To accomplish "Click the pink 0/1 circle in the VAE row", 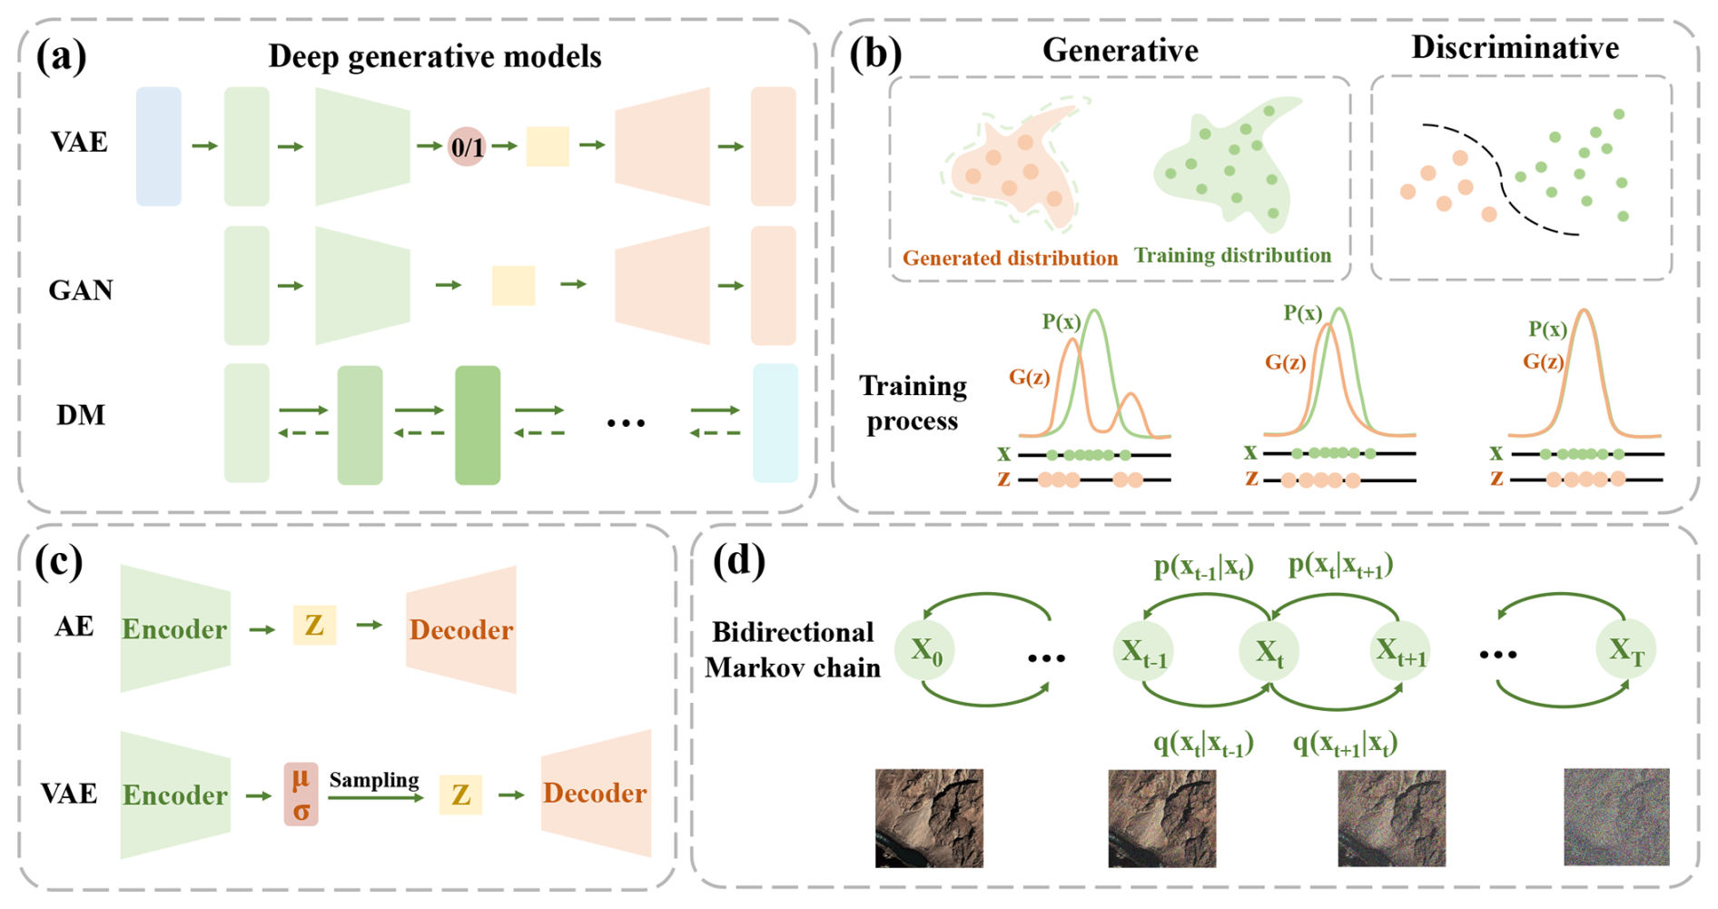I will point(468,146).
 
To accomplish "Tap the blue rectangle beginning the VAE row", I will point(159,146).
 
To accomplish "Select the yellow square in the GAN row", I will point(513,285).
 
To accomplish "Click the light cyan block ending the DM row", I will point(775,423).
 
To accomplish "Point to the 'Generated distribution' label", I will point(1010,258).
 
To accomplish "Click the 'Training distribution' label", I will point(1232,255).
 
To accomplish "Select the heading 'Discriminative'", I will point(1515,47).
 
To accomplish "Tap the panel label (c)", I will point(59,561).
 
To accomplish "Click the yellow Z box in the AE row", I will point(314,626).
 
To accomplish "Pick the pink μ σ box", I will point(301,794).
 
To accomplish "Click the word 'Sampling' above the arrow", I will point(374,780).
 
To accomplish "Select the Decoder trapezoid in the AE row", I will point(461,629).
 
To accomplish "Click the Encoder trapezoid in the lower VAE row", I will point(174,795).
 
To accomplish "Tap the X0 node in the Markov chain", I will point(925,650).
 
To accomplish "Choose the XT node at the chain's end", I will point(1626,650).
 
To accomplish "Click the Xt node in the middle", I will point(1269,651).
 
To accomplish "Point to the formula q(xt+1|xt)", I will point(1345,744).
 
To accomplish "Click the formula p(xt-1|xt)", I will point(1203,567).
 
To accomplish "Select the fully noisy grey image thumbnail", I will point(1616,816).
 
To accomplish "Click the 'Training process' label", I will point(913,403).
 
